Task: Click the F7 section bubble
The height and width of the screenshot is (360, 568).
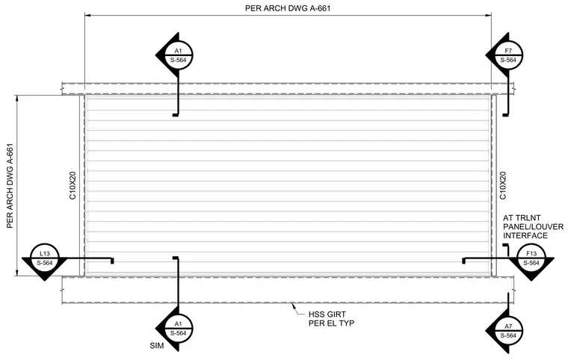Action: (508, 55)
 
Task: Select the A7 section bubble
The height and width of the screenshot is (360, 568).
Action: (508, 331)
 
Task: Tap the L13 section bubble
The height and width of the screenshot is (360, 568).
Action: (45, 258)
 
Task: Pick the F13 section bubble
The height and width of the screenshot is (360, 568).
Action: (531, 258)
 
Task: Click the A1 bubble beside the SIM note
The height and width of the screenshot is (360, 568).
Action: (178, 329)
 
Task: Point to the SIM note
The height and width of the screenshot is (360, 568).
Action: (157, 346)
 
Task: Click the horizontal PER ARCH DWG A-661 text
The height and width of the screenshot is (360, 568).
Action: (288, 8)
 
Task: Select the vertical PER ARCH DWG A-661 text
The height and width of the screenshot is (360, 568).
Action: (10, 186)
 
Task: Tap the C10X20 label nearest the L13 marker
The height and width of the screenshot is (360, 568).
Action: (72, 185)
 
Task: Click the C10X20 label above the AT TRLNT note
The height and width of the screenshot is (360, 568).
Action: (503, 185)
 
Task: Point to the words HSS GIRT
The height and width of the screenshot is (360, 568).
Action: (327, 314)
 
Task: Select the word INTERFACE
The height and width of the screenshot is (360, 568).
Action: (525, 236)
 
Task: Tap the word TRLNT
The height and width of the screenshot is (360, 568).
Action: (528, 218)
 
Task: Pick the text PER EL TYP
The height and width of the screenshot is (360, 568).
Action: (331, 323)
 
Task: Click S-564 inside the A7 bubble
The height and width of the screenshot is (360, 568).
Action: (508, 336)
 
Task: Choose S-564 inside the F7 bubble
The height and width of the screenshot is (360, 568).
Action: (508, 60)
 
